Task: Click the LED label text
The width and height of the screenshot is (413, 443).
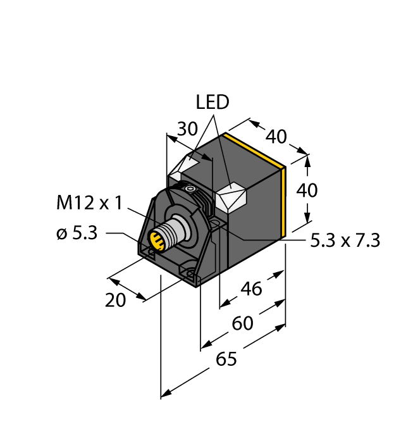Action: pos(212,103)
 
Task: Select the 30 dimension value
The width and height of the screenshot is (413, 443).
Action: pos(187,128)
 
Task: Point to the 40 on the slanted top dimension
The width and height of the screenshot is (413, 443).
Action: pos(276,136)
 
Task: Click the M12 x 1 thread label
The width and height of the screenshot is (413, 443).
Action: pos(89,204)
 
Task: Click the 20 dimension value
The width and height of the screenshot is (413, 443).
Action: pos(116,301)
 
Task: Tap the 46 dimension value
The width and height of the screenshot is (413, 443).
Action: pos(252,289)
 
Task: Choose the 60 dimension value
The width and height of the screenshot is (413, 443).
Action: pos(242,323)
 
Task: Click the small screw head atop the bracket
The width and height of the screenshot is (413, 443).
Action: pos(189,189)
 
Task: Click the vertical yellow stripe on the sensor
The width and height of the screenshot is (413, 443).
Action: pos(285,199)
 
